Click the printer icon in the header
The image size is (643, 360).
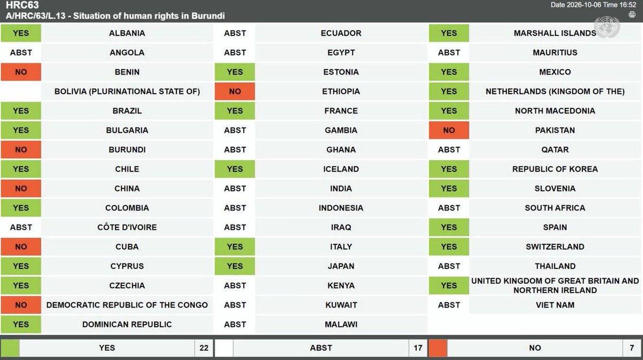coord(632,14)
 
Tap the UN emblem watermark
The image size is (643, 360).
coord(607,27)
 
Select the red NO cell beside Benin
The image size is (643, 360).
coord(21,72)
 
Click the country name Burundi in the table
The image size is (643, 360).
coord(127,149)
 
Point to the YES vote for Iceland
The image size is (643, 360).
coord(235,169)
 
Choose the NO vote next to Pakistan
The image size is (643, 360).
coord(449,130)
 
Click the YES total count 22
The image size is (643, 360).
coord(204,348)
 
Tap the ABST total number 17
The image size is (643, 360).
coord(418,348)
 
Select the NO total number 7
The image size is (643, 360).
coord(632,348)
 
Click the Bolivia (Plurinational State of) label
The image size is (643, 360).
coord(127,91)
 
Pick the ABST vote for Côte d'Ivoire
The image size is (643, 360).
coord(21,227)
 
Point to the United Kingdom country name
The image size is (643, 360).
coord(555,286)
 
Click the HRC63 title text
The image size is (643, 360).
coord(22,5)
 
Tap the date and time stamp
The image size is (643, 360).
coord(593,5)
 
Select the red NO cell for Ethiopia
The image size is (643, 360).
coord(235,91)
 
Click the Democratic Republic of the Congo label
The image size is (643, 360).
coord(127,305)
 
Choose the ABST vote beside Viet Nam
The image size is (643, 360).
coord(449,305)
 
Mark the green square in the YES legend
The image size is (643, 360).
coord(10,348)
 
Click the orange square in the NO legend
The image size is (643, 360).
coord(438,348)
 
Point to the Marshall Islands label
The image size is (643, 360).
coord(555,33)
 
